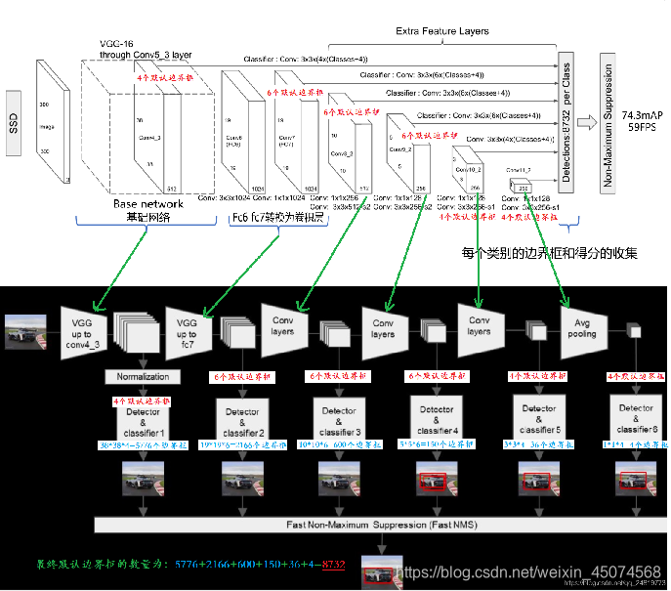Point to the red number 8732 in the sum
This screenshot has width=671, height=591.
pos(334,565)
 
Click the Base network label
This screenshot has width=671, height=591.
pos(147,204)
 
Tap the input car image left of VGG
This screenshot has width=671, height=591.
pos(25,332)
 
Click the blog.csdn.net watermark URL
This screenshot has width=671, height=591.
pos(533,570)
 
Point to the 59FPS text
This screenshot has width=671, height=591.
pos(641,128)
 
